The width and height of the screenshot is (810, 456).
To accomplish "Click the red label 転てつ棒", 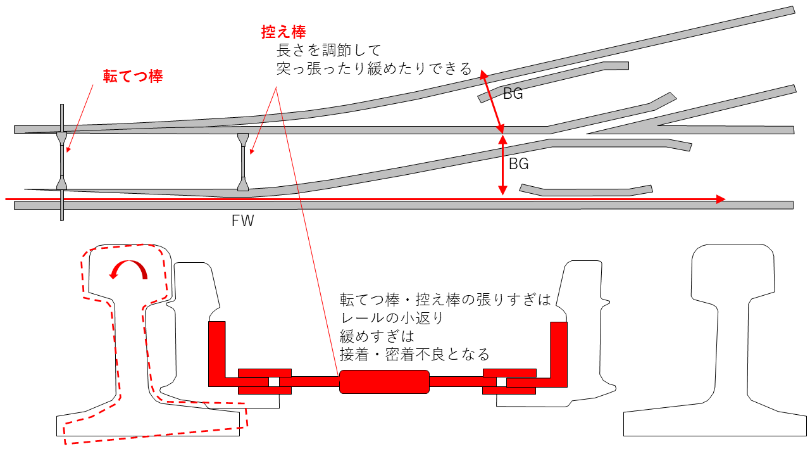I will click(133, 77).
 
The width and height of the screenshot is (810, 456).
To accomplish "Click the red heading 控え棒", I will click(283, 32).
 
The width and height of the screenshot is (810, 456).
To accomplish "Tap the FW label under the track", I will click(242, 221).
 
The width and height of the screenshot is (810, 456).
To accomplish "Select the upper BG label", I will click(513, 94).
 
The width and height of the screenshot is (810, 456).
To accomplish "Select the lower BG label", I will click(518, 164).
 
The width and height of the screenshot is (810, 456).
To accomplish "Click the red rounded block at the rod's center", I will click(384, 381).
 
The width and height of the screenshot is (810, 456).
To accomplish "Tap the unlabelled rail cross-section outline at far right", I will click(716, 342).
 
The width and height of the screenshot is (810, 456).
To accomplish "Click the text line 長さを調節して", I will click(327, 49).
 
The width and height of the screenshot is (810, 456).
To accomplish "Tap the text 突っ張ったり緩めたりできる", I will click(374, 68).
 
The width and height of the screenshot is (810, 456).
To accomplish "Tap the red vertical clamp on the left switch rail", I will click(217, 351).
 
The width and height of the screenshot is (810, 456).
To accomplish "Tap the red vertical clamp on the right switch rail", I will click(559, 351).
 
